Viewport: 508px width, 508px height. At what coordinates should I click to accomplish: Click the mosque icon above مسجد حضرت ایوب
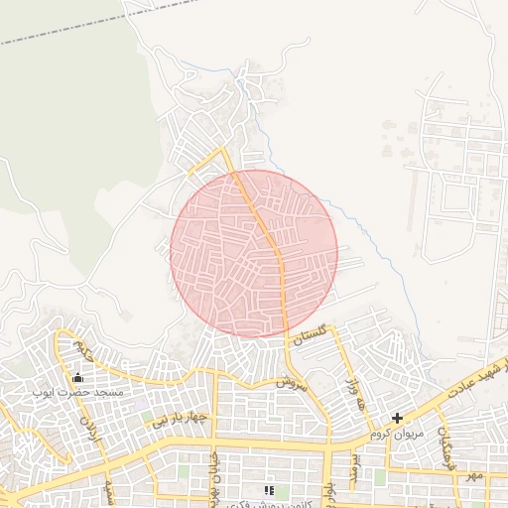pos(78,377)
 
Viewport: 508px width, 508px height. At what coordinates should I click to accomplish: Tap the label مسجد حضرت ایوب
pos(78,394)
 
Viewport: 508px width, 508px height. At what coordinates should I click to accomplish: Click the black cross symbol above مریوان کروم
pos(398,419)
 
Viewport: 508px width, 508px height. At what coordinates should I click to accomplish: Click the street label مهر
pos(476,476)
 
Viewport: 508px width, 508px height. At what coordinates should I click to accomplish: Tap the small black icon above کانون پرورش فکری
pos(268,490)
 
